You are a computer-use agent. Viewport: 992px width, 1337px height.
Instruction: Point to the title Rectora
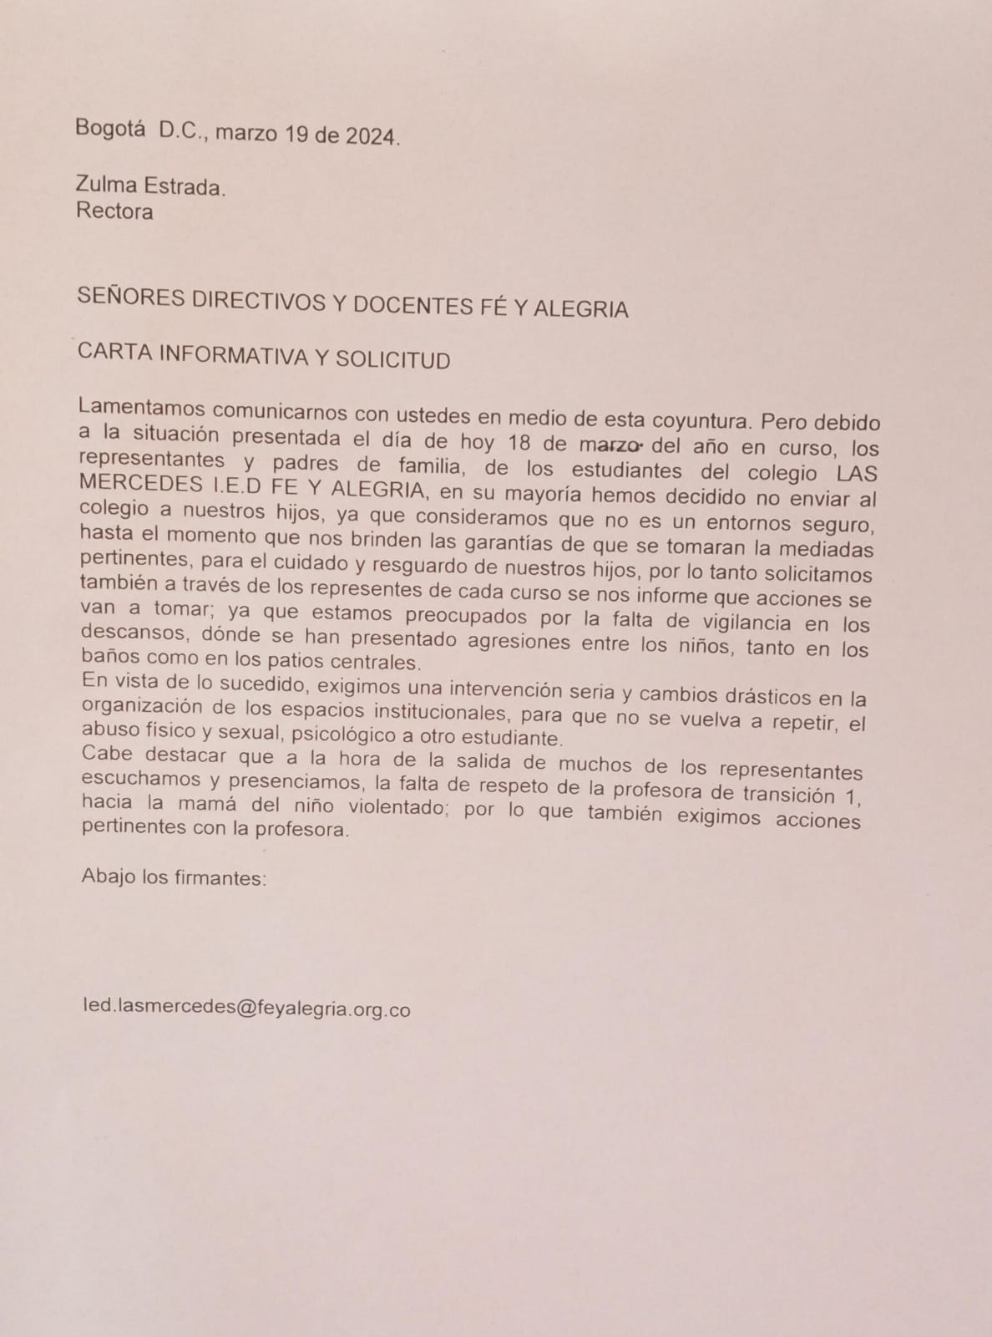click(114, 211)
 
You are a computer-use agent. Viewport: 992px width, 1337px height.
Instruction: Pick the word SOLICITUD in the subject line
click(393, 359)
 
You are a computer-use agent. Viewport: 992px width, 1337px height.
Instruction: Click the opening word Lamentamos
click(139, 409)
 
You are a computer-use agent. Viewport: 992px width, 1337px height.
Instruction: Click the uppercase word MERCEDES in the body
click(139, 484)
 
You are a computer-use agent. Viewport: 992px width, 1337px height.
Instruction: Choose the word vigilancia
click(721, 621)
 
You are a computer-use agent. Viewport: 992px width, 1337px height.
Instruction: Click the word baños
click(109, 660)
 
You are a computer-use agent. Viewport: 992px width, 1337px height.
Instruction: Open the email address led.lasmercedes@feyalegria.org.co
click(246, 1008)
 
